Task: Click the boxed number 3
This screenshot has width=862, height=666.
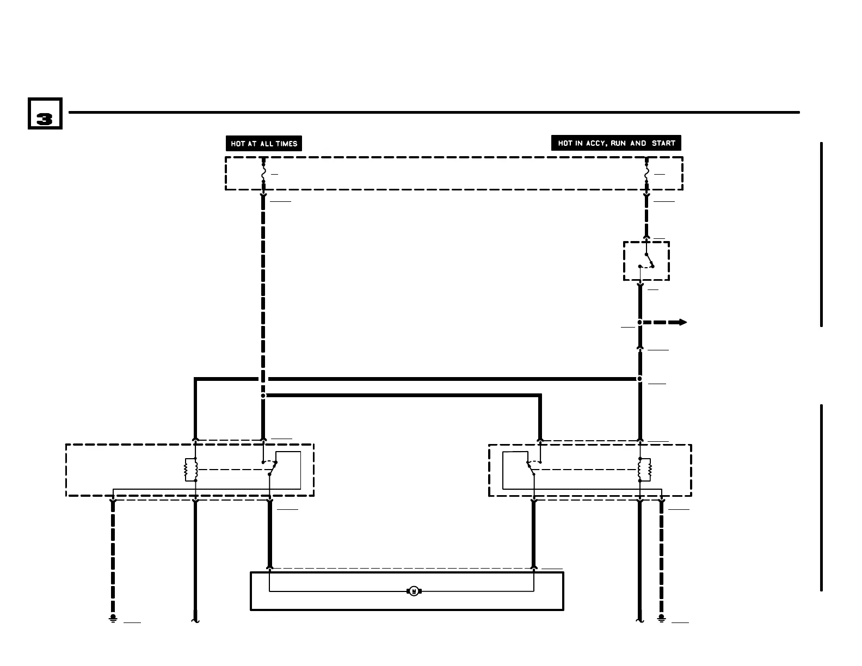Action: pyautogui.click(x=45, y=114)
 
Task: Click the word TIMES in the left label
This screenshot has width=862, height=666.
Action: pyautogui.click(x=286, y=144)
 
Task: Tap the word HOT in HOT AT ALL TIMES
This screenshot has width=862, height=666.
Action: pyautogui.click(x=238, y=144)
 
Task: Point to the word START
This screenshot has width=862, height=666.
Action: pyautogui.click(x=663, y=143)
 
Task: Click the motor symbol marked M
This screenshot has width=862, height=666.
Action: pyautogui.click(x=414, y=591)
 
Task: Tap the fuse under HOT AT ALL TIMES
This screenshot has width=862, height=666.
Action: pyautogui.click(x=264, y=174)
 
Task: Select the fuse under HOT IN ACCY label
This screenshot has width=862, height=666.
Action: pyautogui.click(x=646, y=174)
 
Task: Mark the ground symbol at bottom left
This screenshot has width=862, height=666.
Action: pyautogui.click(x=113, y=619)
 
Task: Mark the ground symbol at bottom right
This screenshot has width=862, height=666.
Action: pyautogui.click(x=662, y=619)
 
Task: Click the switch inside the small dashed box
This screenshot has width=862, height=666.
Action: pyautogui.click(x=647, y=261)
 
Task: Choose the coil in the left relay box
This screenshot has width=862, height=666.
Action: pyautogui.click(x=190, y=470)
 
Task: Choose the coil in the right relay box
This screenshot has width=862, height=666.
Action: pyautogui.click(x=645, y=470)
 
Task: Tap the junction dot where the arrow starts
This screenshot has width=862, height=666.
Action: pyautogui.click(x=640, y=322)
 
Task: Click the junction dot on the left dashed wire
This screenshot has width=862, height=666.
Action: pyautogui.click(x=263, y=396)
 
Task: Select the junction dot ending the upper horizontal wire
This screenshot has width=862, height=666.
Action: pyautogui.click(x=640, y=379)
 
